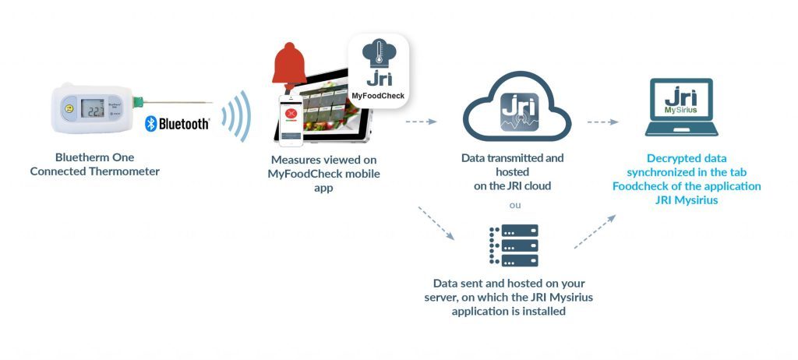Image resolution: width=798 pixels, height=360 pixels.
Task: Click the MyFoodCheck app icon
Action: pos(379,69)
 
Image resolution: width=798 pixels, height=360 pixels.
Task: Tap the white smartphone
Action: pos(291,120)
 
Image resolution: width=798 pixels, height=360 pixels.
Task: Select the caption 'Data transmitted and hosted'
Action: pos(512,164)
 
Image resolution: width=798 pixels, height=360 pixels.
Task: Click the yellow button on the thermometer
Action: pos(69,109)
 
